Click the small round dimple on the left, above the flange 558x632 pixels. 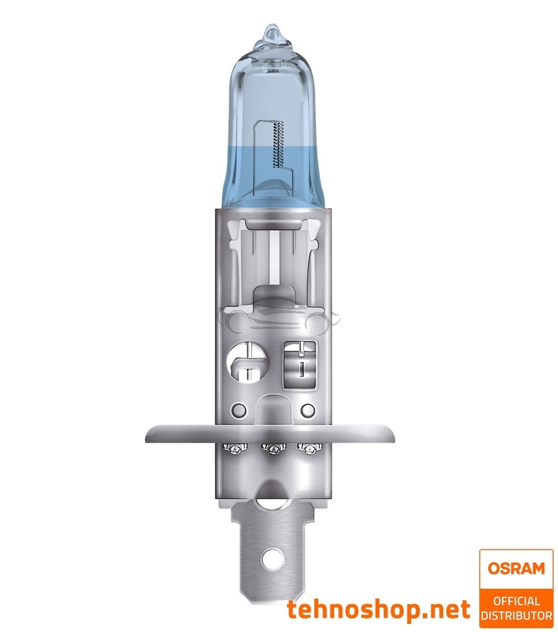pos(237,410)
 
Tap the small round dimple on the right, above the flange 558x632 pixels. pos(307,410)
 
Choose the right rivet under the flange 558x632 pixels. pos(304,449)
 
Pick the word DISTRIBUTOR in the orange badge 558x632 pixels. pos(516,615)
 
